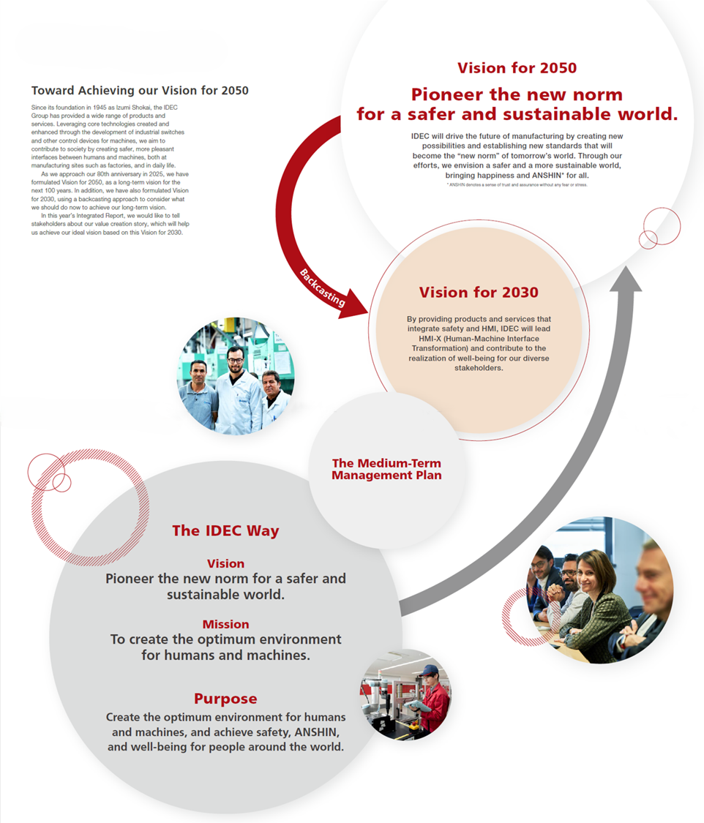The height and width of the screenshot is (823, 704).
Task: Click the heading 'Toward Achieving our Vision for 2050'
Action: [140, 91]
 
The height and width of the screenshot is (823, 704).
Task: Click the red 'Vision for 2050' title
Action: [517, 68]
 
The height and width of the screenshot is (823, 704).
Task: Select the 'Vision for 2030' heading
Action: [479, 293]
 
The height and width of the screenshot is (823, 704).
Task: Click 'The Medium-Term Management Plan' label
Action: [386, 469]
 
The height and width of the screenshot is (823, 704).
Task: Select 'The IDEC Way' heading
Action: [225, 531]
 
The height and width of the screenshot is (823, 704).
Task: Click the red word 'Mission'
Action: [225, 624]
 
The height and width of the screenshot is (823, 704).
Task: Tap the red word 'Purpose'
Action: [225, 699]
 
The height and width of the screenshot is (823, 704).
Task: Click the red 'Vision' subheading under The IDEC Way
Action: [225, 564]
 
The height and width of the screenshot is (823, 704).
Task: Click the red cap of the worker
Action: [429, 670]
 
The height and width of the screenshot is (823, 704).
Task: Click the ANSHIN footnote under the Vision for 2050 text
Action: [517, 185]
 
